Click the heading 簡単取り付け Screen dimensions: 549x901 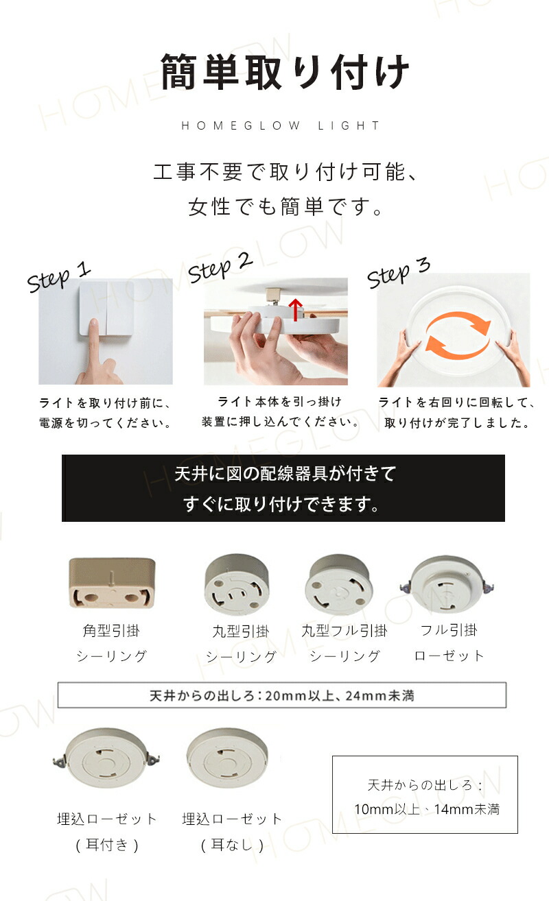(x=285, y=73)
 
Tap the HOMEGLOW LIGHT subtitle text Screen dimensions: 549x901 (x=281, y=126)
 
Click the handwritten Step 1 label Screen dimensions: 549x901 (x=59, y=277)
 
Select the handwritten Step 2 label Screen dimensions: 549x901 (x=220, y=268)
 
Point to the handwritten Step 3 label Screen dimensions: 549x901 (x=399, y=273)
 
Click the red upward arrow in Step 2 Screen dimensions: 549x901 (x=296, y=310)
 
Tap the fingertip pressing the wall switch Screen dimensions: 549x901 (x=94, y=323)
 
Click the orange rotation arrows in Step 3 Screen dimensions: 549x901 (x=458, y=335)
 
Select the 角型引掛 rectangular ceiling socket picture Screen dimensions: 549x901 (x=112, y=582)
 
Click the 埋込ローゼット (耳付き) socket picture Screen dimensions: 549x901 (x=106, y=758)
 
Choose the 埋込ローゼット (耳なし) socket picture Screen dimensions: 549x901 (x=227, y=758)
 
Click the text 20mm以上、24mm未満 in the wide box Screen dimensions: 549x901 (x=340, y=695)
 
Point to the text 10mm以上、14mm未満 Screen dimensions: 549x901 (x=427, y=809)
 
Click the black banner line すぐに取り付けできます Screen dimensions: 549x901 (x=281, y=504)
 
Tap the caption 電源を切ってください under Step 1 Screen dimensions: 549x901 (x=106, y=423)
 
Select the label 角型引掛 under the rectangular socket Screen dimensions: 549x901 (x=111, y=631)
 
